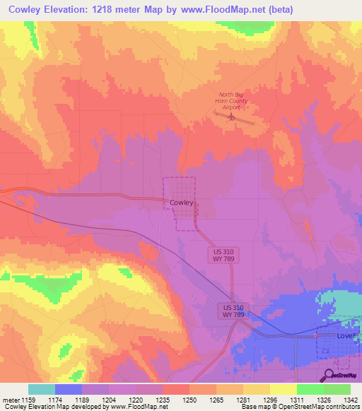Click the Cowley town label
(x=182, y=202)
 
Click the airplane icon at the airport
(x=231, y=117)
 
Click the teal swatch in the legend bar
(x=42, y=389)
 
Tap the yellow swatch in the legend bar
(x=283, y=389)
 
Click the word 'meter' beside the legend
(x=11, y=399)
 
